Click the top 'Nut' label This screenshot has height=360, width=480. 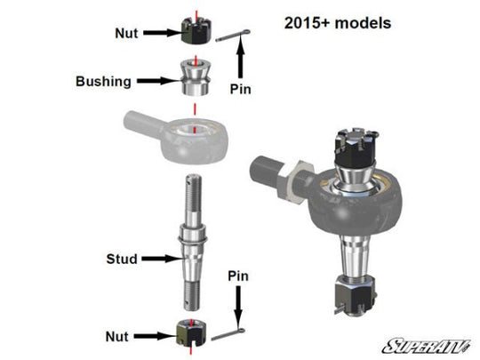[x=126, y=33]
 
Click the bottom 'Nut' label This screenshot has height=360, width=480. [x=117, y=337]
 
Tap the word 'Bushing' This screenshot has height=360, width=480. [x=103, y=82]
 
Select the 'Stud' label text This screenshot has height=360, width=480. [x=122, y=259]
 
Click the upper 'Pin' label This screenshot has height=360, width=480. [x=240, y=89]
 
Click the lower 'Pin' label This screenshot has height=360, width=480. [x=238, y=276]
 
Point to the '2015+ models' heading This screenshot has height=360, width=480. [x=338, y=23]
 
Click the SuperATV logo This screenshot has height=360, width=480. [x=426, y=347]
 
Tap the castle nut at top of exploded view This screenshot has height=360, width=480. [x=196, y=30]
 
